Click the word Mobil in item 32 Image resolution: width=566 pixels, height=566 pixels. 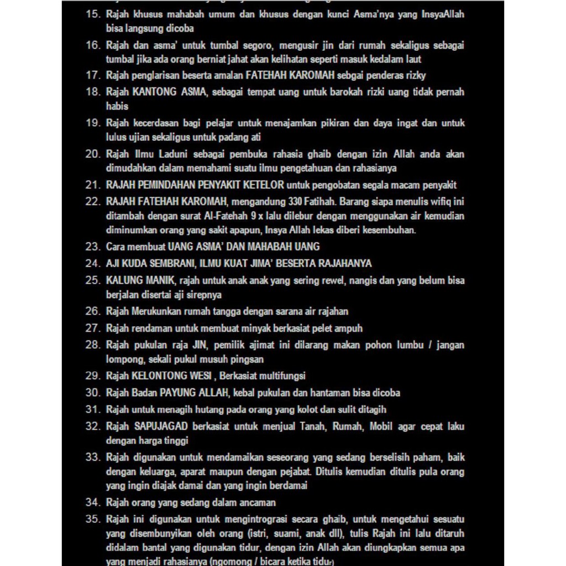coord(381,427)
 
